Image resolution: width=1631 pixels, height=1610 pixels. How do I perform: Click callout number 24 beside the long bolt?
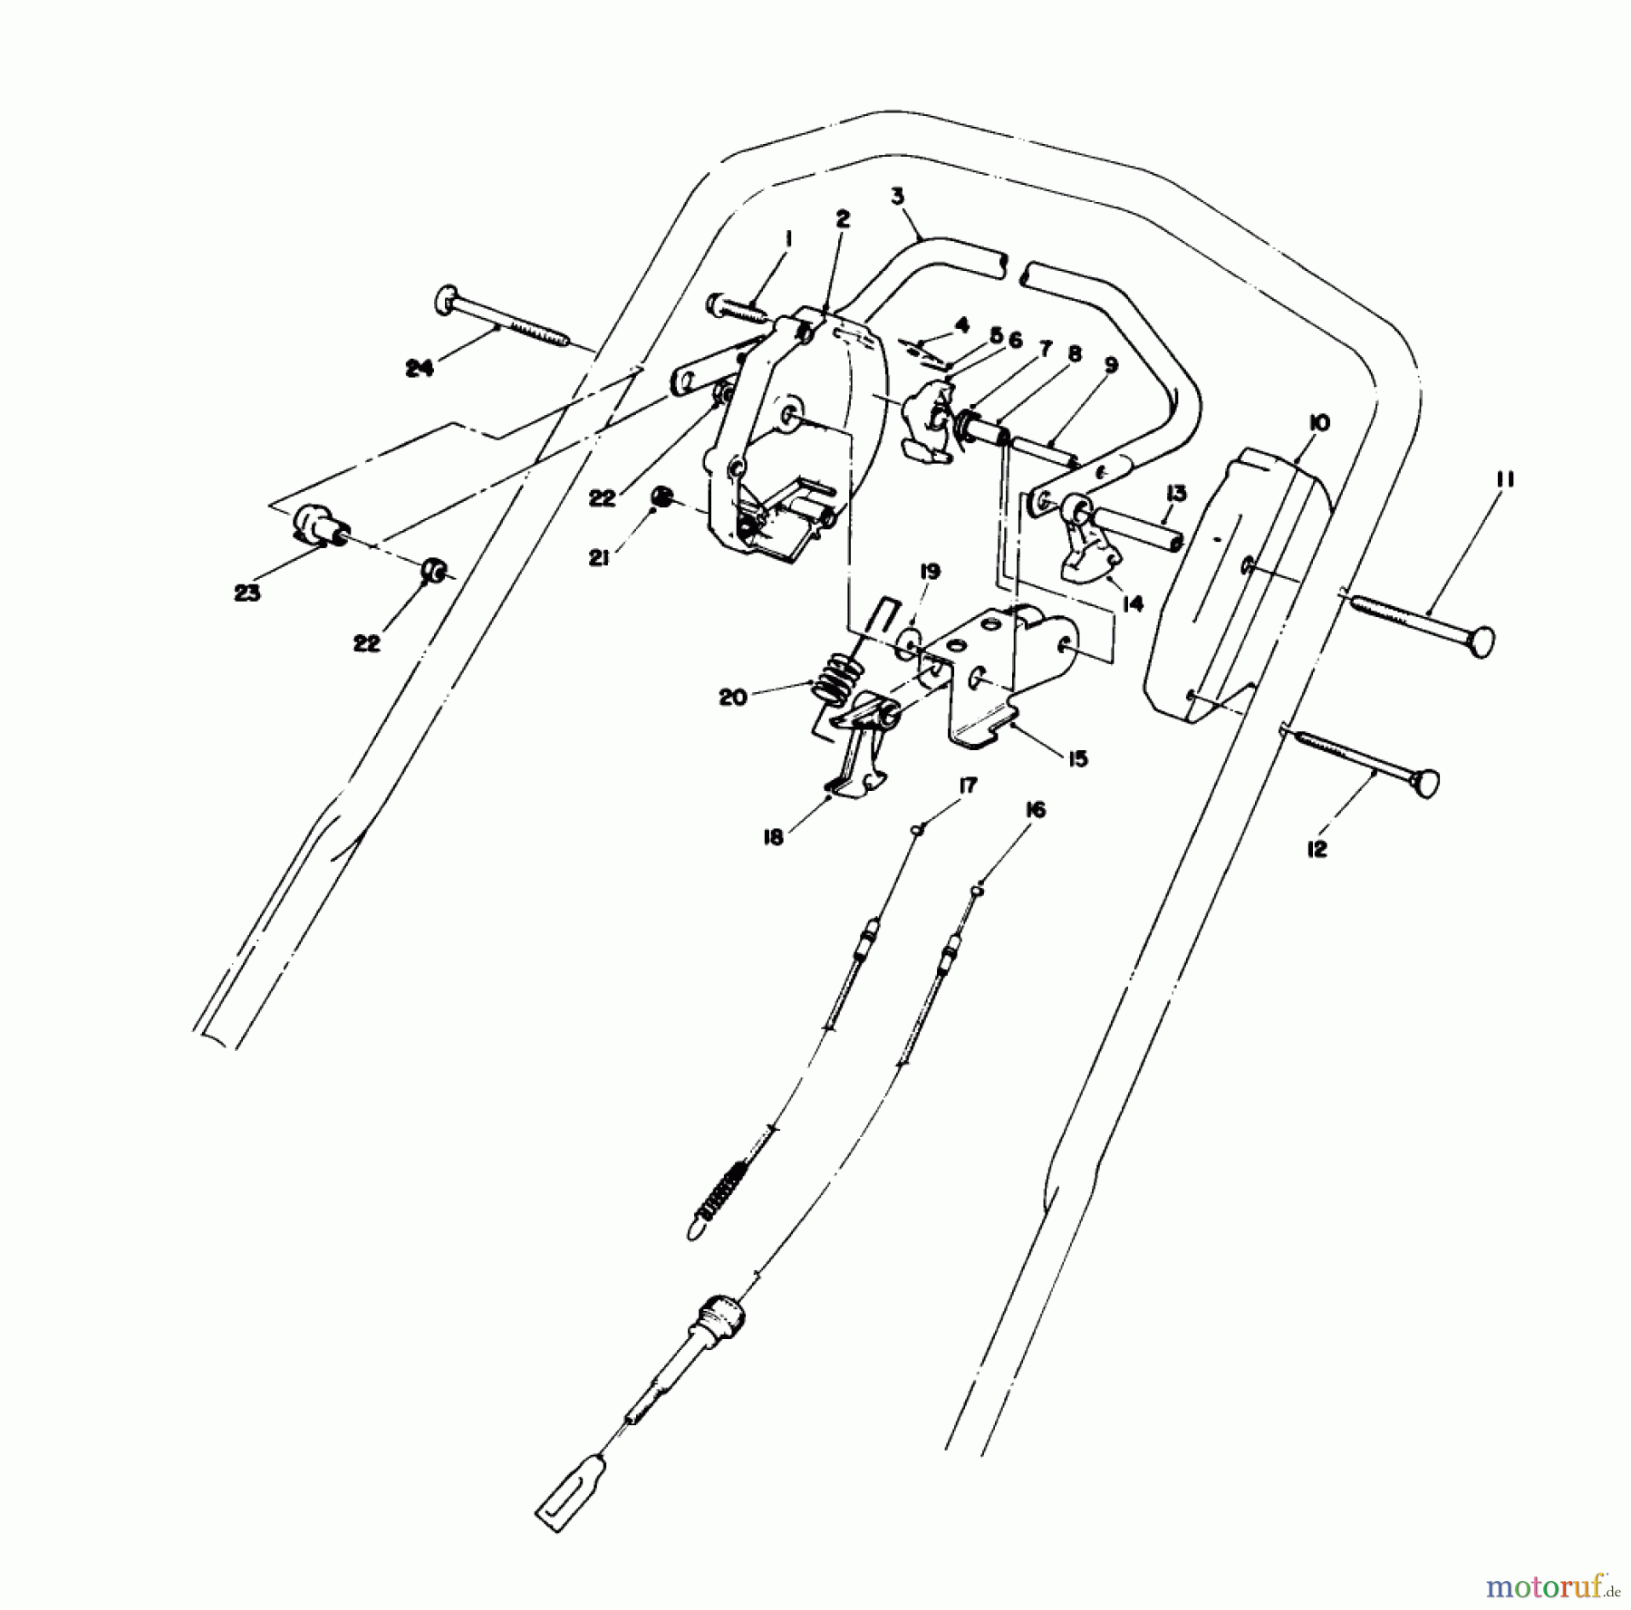click(420, 368)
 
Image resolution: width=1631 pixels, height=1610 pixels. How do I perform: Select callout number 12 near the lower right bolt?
click(1317, 848)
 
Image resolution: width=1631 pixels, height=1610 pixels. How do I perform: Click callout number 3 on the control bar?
click(897, 196)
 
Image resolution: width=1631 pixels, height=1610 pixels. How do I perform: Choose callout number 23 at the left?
click(247, 593)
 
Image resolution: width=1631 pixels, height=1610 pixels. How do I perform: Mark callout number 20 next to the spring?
click(733, 698)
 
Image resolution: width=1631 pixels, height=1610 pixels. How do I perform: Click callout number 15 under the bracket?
click(1076, 758)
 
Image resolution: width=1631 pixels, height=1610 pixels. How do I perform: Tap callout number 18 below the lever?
click(773, 838)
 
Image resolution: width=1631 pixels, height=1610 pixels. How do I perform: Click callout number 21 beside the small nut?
click(598, 559)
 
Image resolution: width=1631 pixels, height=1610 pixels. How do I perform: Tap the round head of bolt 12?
click(1425, 781)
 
